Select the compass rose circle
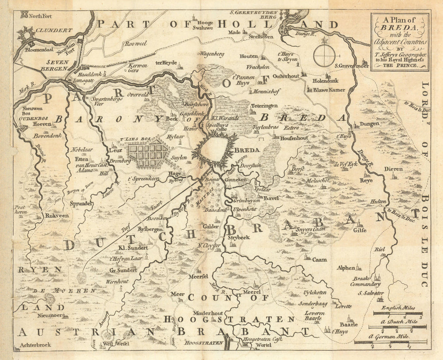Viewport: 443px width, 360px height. pyautogui.click(x=324, y=56)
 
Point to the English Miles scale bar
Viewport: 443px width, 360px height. pyautogui.click(x=397, y=313)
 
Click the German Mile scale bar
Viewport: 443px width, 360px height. pyautogui.click(x=390, y=342)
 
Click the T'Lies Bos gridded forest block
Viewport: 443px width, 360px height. pyautogui.click(x=148, y=153)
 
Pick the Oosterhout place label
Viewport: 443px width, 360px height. pyautogui.click(x=285, y=76)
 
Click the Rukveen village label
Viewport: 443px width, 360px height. pyautogui.click(x=56, y=216)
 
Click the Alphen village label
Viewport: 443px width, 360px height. pyautogui.click(x=346, y=267)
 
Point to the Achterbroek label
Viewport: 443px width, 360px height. pyautogui.click(x=35, y=345)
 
